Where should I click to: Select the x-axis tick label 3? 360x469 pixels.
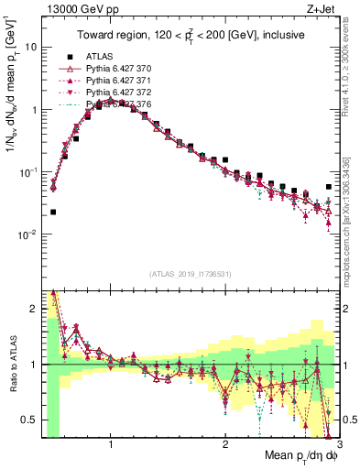(x=339, y=444)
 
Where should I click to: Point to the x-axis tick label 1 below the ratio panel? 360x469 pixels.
(x=111, y=444)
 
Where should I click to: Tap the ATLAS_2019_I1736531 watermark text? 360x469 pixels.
(x=190, y=276)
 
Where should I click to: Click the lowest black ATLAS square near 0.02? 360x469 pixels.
(x=52, y=212)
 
